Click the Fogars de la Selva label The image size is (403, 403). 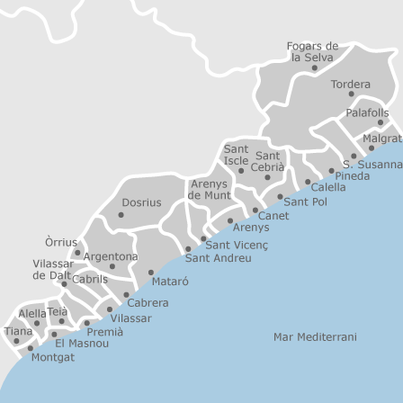click(312, 50)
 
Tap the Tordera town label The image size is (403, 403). click(350, 84)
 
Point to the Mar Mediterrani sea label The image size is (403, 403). click(315, 336)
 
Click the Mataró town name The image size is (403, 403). click(170, 281)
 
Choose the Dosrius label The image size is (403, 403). click(140, 203)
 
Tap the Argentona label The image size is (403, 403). click(111, 256)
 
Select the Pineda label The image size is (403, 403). click(352, 175)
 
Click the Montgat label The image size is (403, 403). click(52, 356)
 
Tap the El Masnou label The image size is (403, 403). click(76, 343)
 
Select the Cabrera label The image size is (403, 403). click(147, 302)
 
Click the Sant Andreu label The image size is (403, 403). click(218, 258)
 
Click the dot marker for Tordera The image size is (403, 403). click(351, 94)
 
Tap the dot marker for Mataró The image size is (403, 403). click(150, 273)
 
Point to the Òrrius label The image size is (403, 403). click(61, 242)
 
